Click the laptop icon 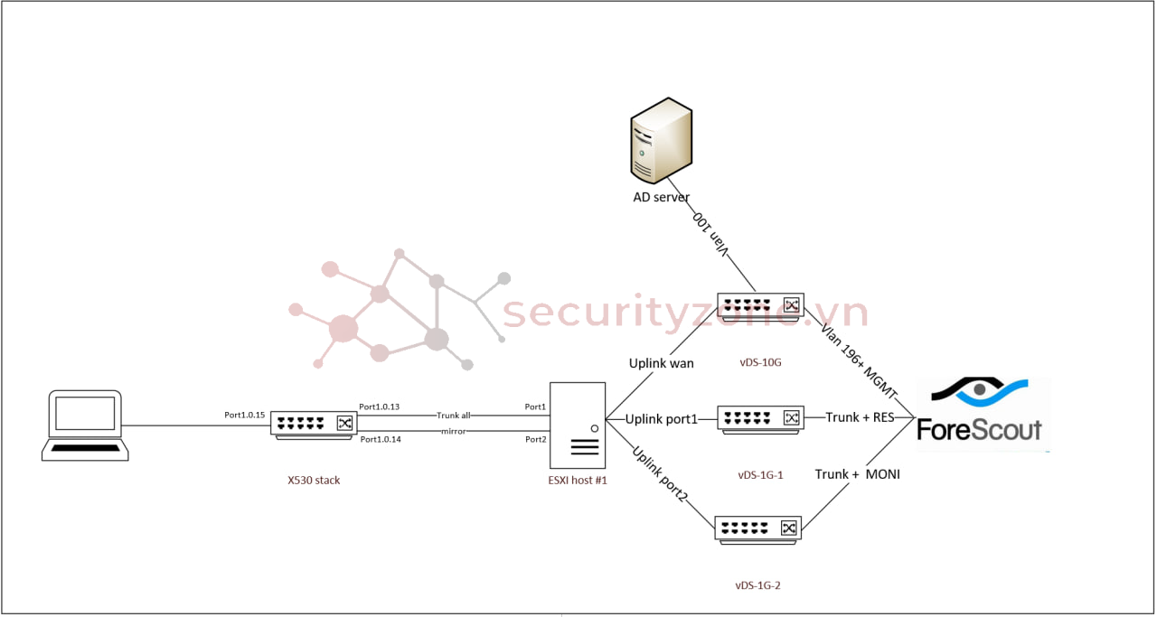click(x=82, y=425)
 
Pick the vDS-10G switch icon click(x=760, y=306)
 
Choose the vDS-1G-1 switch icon click(x=760, y=418)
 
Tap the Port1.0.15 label click(x=244, y=416)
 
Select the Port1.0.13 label click(x=379, y=407)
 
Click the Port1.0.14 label click(x=380, y=439)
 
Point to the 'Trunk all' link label click(x=454, y=416)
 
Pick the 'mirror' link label click(x=454, y=432)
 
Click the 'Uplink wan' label click(x=662, y=363)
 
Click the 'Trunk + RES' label click(x=859, y=418)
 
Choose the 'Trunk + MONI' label click(x=857, y=474)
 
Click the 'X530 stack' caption click(x=308, y=481)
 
